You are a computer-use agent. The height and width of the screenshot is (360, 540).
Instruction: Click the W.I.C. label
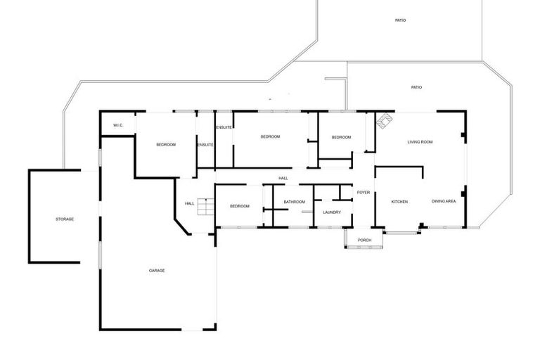(118, 126)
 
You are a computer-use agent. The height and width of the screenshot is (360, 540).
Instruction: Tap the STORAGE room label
(65, 219)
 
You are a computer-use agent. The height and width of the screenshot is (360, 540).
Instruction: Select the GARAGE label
(157, 271)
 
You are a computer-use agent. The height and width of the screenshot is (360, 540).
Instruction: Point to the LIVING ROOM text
(420, 142)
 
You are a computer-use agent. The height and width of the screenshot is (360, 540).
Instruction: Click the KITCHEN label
(399, 202)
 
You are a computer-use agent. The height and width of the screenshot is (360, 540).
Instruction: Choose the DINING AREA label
(444, 202)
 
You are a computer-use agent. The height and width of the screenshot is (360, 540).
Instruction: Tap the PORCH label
(364, 240)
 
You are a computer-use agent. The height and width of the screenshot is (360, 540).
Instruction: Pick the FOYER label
(363, 192)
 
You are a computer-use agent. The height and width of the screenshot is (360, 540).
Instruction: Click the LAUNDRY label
(332, 212)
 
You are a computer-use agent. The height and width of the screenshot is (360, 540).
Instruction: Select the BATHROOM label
(294, 202)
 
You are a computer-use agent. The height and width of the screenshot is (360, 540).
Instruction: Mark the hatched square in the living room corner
(383, 122)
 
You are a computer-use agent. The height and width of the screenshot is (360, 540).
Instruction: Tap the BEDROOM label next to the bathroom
(240, 206)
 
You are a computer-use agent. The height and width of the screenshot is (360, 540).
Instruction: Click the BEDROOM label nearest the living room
(341, 137)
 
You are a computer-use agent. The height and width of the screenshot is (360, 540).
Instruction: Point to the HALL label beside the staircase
(189, 204)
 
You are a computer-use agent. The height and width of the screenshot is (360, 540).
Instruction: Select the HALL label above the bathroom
(283, 178)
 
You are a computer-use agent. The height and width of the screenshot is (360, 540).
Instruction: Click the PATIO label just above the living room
(416, 87)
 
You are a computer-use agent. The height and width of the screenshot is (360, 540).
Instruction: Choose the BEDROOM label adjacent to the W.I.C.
(166, 144)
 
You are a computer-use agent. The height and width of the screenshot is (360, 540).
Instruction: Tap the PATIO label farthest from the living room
(400, 20)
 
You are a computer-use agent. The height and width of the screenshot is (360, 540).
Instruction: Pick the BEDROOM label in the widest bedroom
(271, 136)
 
